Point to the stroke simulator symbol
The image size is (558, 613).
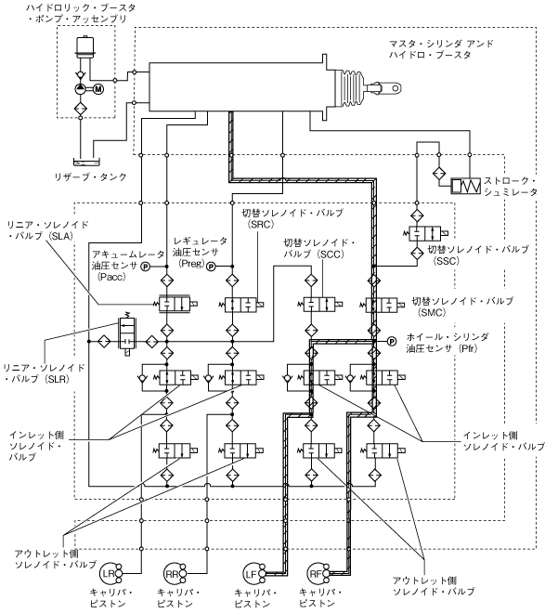click(x=461, y=186)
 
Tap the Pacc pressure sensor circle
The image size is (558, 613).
click(x=145, y=267)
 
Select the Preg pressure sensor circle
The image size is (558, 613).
click(x=211, y=267)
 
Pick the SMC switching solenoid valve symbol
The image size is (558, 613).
click(x=379, y=304)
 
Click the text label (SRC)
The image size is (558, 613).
click(x=261, y=225)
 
